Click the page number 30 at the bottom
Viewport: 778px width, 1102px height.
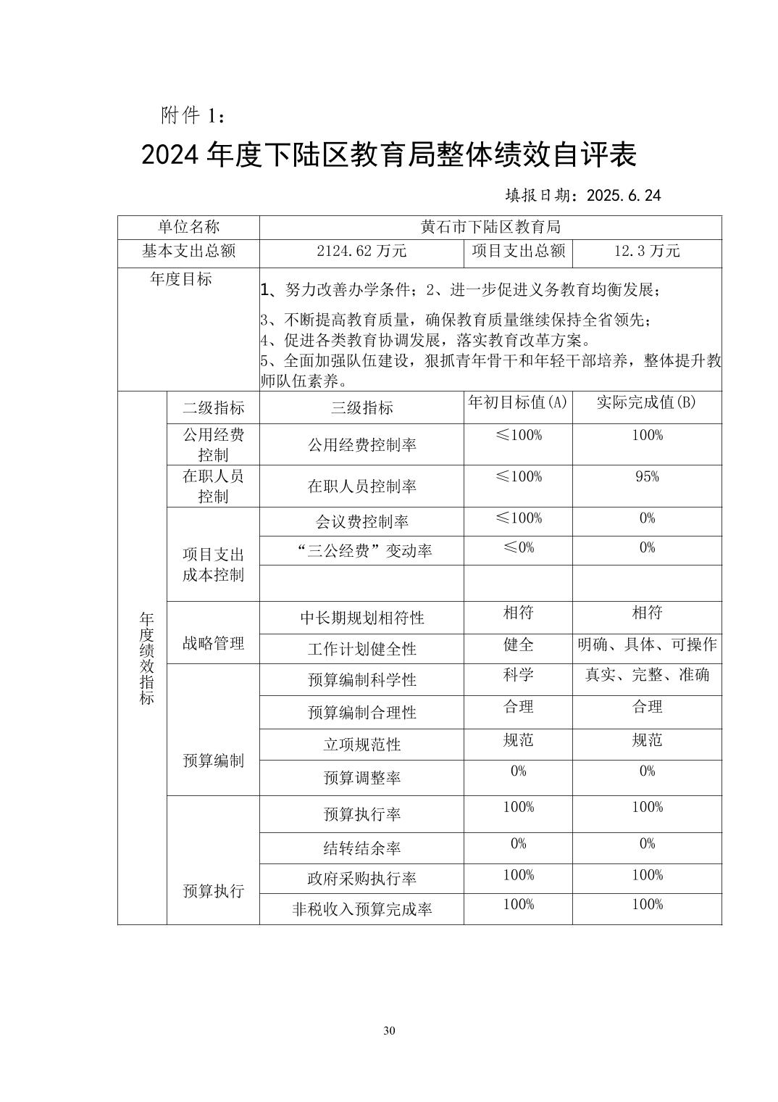(x=389, y=1031)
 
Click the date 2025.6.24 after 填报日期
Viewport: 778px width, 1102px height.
(x=624, y=196)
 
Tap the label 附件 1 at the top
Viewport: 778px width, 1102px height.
(x=193, y=115)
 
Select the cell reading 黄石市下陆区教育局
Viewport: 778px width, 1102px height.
(x=490, y=227)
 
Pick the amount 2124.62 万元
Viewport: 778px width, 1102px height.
(x=361, y=252)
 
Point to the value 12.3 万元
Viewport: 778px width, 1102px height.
(x=647, y=252)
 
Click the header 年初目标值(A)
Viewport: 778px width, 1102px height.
(x=518, y=402)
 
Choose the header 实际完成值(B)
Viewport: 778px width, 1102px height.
(x=647, y=402)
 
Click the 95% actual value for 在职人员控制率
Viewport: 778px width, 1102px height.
(x=647, y=476)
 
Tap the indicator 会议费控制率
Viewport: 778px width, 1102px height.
(x=361, y=521)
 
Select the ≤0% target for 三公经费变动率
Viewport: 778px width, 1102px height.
(x=518, y=547)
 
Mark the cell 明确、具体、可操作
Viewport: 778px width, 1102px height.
(x=647, y=645)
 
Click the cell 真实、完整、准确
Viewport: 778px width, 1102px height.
(x=647, y=675)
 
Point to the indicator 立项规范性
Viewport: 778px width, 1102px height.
(x=361, y=745)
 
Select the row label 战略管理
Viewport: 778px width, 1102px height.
(x=213, y=643)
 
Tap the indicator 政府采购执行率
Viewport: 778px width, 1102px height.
(x=361, y=879)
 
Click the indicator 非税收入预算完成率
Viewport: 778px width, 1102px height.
(x=361, y=909)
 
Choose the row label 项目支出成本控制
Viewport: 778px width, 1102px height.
(x=213, y=565)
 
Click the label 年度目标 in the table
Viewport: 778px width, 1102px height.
(x=181, y=279)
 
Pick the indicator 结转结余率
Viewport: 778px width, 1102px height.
(x=361, y=848)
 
